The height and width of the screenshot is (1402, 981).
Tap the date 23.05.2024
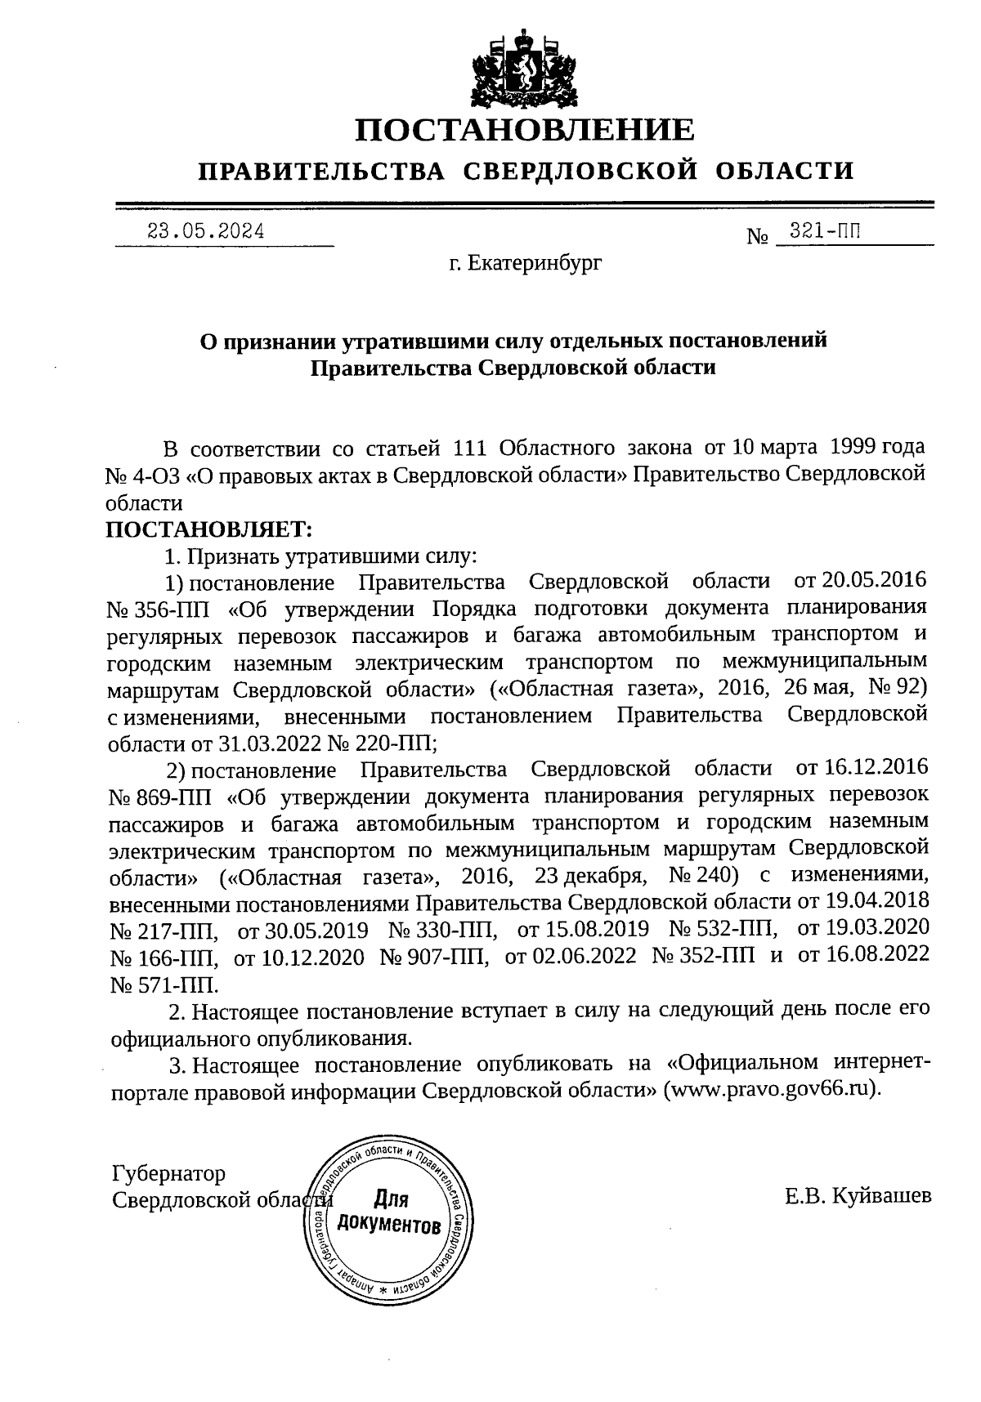coord(205,230)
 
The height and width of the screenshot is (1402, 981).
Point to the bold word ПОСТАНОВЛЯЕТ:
coord(209,529)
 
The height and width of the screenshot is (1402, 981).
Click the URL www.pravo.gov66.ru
coord(772,1091)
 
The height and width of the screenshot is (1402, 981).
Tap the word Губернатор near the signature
coord(168,1174)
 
